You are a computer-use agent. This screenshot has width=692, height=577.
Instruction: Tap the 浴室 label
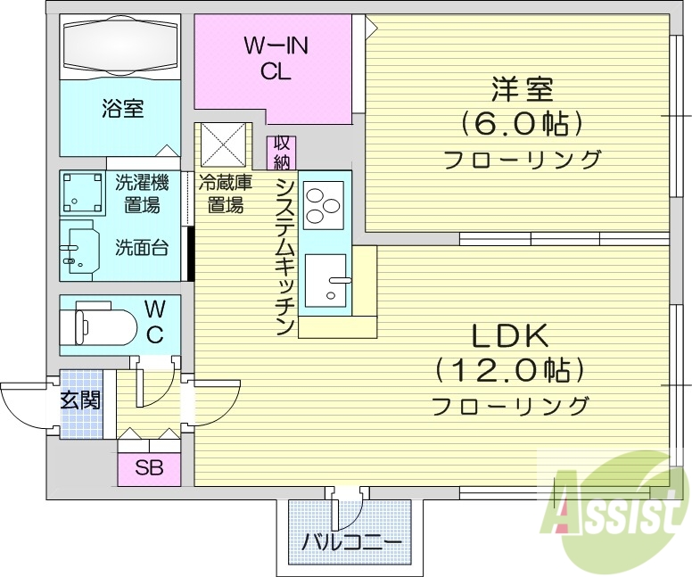coord(122,110)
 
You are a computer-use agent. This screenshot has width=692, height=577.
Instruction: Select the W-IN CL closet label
coord(276,60)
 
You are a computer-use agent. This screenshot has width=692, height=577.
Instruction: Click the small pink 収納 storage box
coord(282,152)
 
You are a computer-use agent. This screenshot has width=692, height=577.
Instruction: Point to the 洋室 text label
coord(522,91)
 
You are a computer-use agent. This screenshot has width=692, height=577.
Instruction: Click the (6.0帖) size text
coord(522,123)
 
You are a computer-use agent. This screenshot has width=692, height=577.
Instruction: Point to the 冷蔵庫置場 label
coord(225,194)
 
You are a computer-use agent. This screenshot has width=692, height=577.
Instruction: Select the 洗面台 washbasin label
coord(141,248)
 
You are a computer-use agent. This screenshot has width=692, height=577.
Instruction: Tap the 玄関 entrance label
coord(80,400)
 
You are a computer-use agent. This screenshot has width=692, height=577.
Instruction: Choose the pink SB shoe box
coord(149,467)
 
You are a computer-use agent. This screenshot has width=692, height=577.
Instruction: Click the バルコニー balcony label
coord(351,541)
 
